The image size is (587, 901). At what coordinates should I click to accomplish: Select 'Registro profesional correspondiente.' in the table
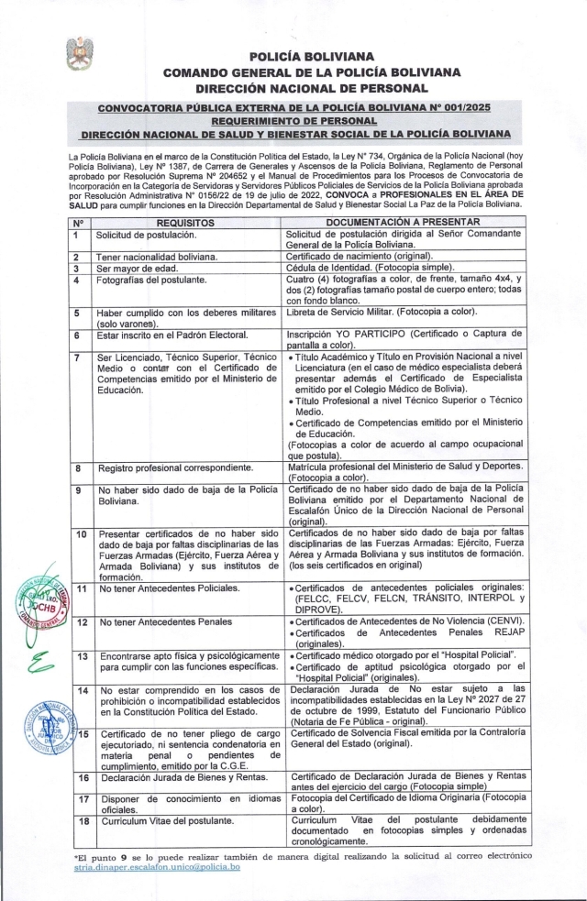176,467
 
